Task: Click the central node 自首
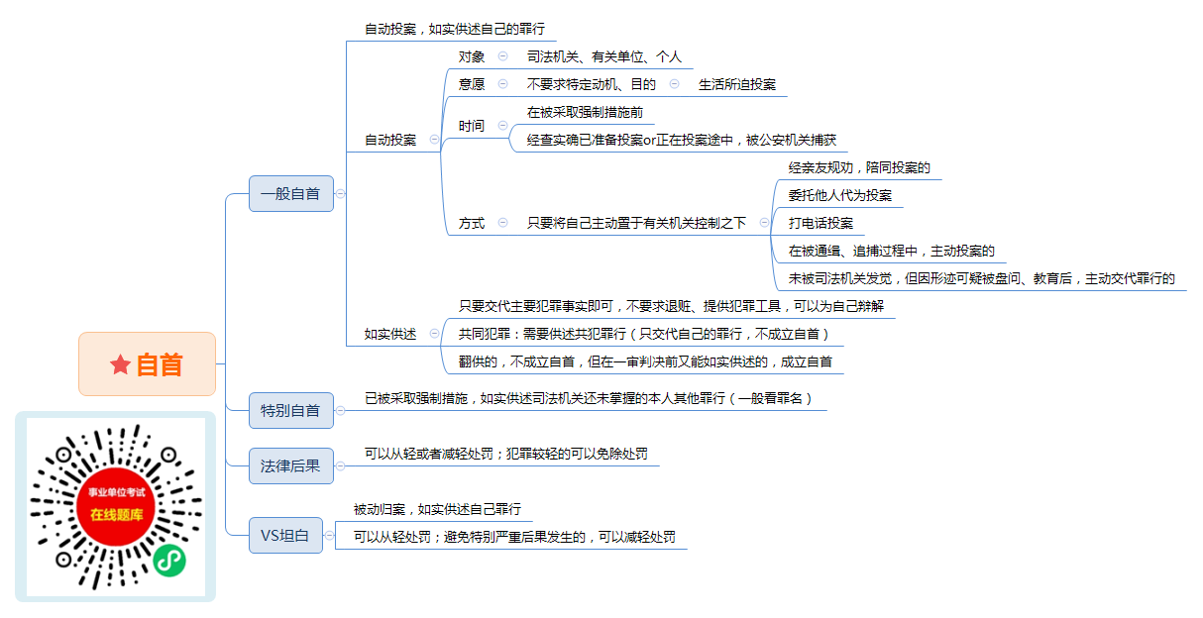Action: click(x=147, y=364)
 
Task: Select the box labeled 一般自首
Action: click(x=291, y=193)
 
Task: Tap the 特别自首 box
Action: click(x=291, y=411)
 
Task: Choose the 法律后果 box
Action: click(x=291, y=465)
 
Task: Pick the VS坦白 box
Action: click(x=285, y=536)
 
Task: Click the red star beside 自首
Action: click(x=120, y=364)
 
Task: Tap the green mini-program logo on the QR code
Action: click(x=169, y=561)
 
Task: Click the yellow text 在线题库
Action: click(x=117, y=515)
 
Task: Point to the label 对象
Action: click(x=472, y=56)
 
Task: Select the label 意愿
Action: click(x=472, y=84)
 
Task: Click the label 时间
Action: click(x=472, y=126)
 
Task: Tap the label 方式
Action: click(x=472, y=223)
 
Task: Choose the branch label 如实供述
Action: click(x=390, y=334)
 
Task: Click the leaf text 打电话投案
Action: click(x=820, y=223)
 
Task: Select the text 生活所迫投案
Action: click(x=737, y=84)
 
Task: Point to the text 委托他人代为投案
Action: click(x=840, y=195)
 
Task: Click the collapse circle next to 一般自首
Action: click(x=341, y=193)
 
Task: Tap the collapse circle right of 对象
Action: click(x=502, y=55)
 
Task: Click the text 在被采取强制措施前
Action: click(x=585, y=112)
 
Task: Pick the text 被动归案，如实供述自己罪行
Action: click(x=437, y=509)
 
